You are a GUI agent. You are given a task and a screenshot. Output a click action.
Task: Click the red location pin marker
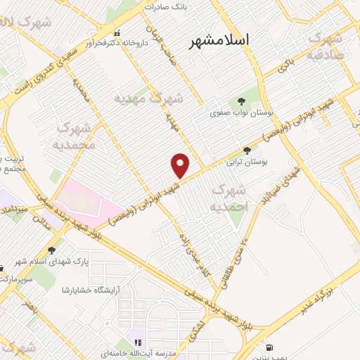tap(181, 165)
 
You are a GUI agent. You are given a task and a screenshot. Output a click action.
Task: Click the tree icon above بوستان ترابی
tap(246, 150)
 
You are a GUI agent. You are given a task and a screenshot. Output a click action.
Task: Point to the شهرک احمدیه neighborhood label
tap(229, 198)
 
